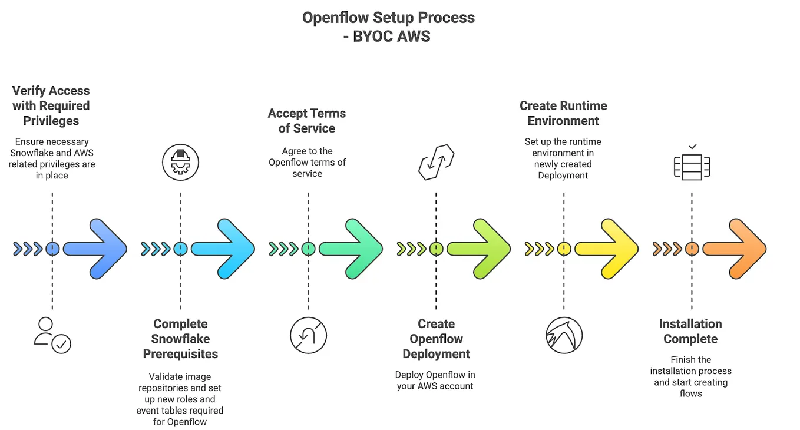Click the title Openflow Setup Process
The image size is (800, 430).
pyautogui.click(x=388, y=18)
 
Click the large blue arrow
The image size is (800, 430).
pyautogui.click(x=97, y=249)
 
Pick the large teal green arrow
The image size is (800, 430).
pyautogui.click(x=353, y=249)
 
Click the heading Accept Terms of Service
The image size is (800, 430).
pyautogui.click(x=307, y=121)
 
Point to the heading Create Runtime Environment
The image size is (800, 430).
pyautogui.click(x=563, y=113)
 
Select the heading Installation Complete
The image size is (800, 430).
pyautogui.click(x=690, y=331)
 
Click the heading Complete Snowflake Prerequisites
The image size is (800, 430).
pyautogui.click(x=180, y=339)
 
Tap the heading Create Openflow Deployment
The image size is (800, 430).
pyautogui.click(x=436, y=339)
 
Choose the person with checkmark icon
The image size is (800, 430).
pyautogui.click(x=52, y=335)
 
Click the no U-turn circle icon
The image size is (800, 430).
pyautogui.click(x=308, y=336)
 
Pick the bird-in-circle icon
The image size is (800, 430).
pyautogui.click(x=564, y=336)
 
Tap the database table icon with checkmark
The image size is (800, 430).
pyautogui.click(x=692, y=163)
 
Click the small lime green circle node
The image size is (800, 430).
pyautogui.click(x=436, y=249)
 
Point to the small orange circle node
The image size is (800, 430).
pyautogui.click(x=692, y=249)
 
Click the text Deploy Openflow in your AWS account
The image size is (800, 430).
pyautogui.click(x=435, y=381)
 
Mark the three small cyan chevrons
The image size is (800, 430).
pyautogui.click(x=156, y=249)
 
